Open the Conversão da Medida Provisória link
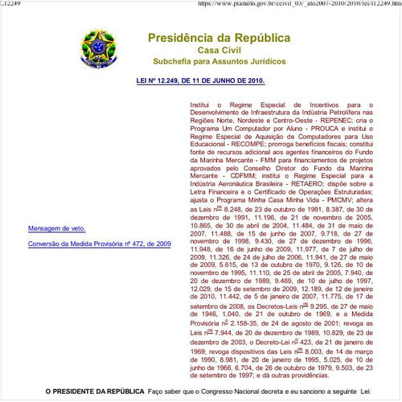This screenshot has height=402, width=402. [x=88, y=242]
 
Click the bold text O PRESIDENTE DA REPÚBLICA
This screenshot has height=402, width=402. [x=95, y=392]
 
